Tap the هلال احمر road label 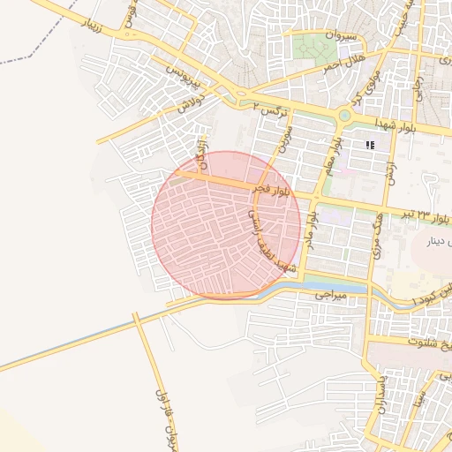point(339,62)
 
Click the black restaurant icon point(371,144)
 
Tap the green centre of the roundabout point(343,116)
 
